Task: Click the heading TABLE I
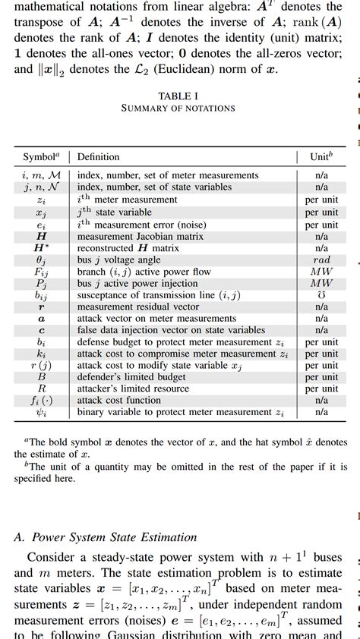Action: click(x=178, y=96)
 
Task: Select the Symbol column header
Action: click(x=39, y=157)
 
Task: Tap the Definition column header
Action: click(x=99, y=157)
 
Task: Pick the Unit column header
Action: click(x=321, y=157)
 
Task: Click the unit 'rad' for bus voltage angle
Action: click(x=321, y=260)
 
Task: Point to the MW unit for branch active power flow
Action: click(x=321, y=272)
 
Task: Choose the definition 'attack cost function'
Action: click(x=115, y=400)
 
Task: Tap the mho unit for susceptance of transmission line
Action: click(x=321, y=295)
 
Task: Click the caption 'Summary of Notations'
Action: click(x=178, y=108)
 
